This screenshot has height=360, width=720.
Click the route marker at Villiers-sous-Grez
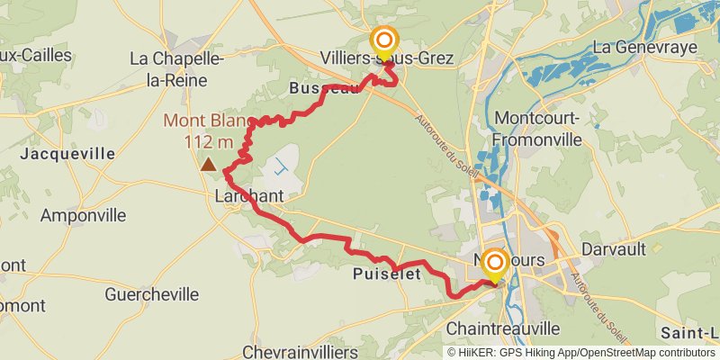click(x=384, y=41)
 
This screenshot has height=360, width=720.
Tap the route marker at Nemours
click(x=494, y=264)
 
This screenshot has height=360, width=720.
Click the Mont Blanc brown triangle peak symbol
click(x=209, y=164)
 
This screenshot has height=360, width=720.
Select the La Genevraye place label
click(x=644, y=46)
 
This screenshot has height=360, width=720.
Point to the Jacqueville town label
click(x=67, y=154)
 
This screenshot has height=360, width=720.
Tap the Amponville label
click(x=82, y=216)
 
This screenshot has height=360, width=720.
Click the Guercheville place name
click(x=151, y=294)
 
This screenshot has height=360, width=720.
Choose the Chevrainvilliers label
click(x=301, y=351)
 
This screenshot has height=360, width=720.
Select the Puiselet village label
click(x=388, y=274)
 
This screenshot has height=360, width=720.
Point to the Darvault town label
click(x=616, y=247)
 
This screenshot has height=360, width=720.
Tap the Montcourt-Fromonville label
click(x=539, y=129)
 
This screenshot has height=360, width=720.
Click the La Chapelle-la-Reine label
click(x=176, y=68)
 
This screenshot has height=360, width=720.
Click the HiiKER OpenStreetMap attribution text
click(x=581, y=353)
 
